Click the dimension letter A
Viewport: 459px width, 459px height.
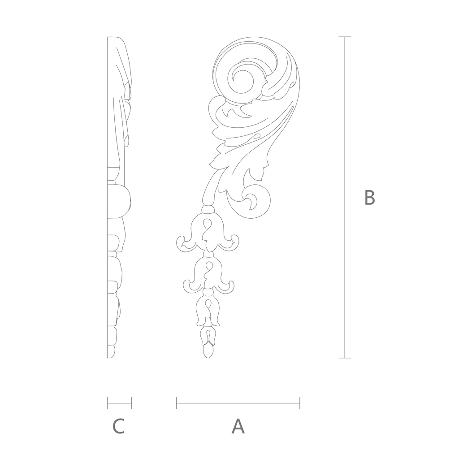pyautogui.click(x=238, y=426)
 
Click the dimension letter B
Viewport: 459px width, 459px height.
pyautogui.click(x=369, y=198)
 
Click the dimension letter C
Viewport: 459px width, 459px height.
pyautogui.click(x=118, y=426)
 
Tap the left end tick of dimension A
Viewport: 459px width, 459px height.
pyautogui.click(x=177, y=403)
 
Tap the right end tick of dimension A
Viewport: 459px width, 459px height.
pyautogui.click(x=300, y=403)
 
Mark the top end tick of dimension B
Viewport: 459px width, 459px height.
pyautogui.click(x=345, y=37)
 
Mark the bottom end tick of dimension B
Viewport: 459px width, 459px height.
pyautogui.click(x=345, y=358)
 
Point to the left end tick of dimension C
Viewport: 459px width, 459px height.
pyautogui.click(x=108, y=403)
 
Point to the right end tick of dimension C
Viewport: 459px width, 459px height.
pyautogui.click(x=131, y=403)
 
